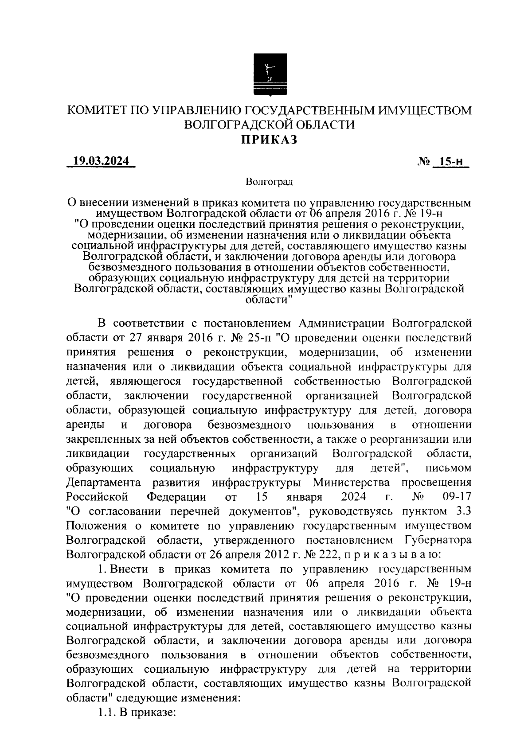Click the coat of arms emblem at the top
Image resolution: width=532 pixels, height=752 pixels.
270,74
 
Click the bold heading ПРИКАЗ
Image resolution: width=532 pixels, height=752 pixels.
268,140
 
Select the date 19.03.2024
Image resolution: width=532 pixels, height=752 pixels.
101,161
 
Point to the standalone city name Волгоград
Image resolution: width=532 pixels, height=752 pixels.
269,181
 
